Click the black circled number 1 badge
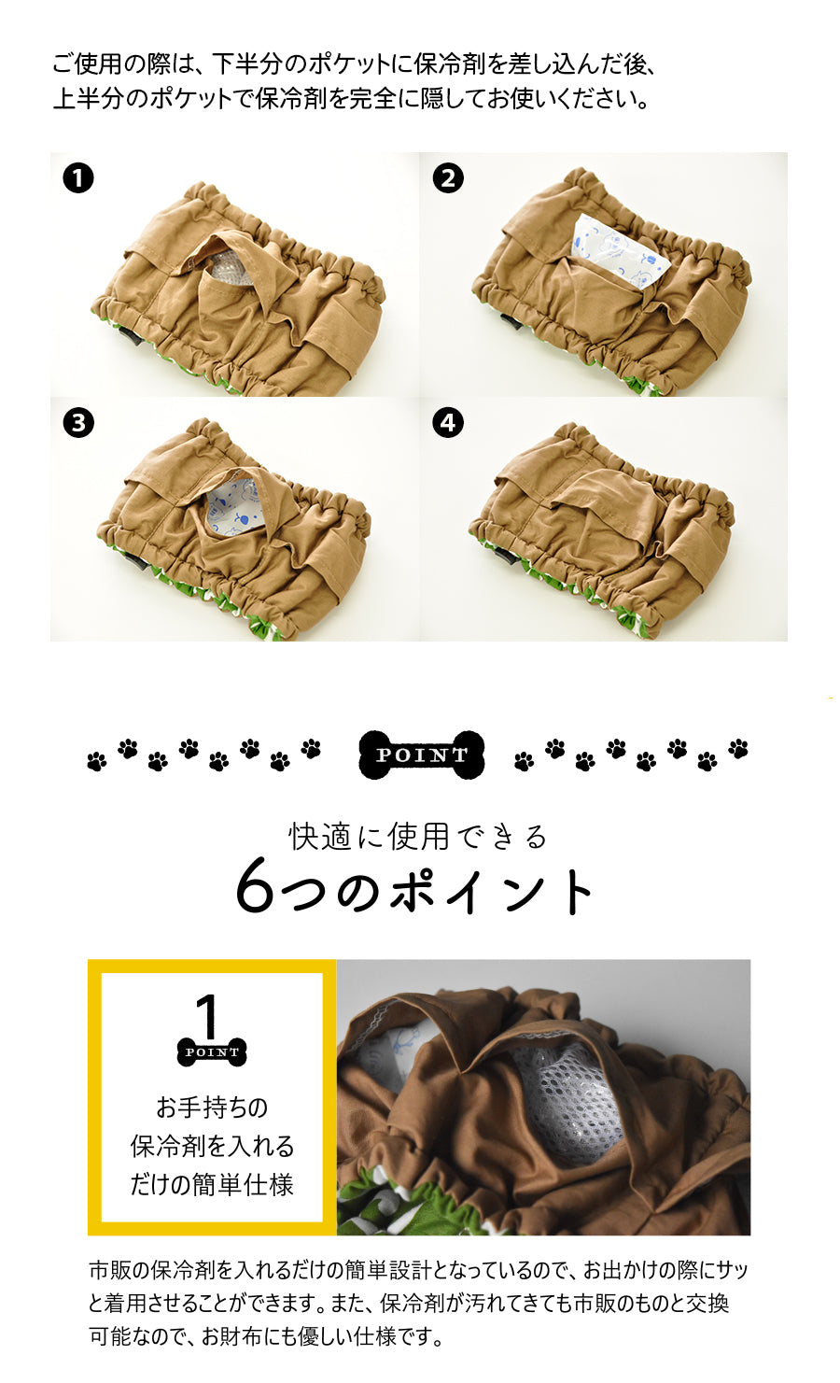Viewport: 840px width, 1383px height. (x=77, y=178)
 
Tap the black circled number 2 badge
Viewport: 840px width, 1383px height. (x=448, y=178)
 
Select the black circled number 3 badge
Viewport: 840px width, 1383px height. (x=77, y=423)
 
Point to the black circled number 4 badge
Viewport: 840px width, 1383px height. (x=448, y=423)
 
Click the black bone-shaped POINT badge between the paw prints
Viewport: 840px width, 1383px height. (x=422, y=755)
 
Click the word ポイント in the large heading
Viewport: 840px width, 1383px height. (x=491, y=889)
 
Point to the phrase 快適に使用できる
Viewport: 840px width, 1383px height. (x=418, y=837)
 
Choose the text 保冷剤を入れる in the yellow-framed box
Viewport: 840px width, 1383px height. (x=212, y=1147)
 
